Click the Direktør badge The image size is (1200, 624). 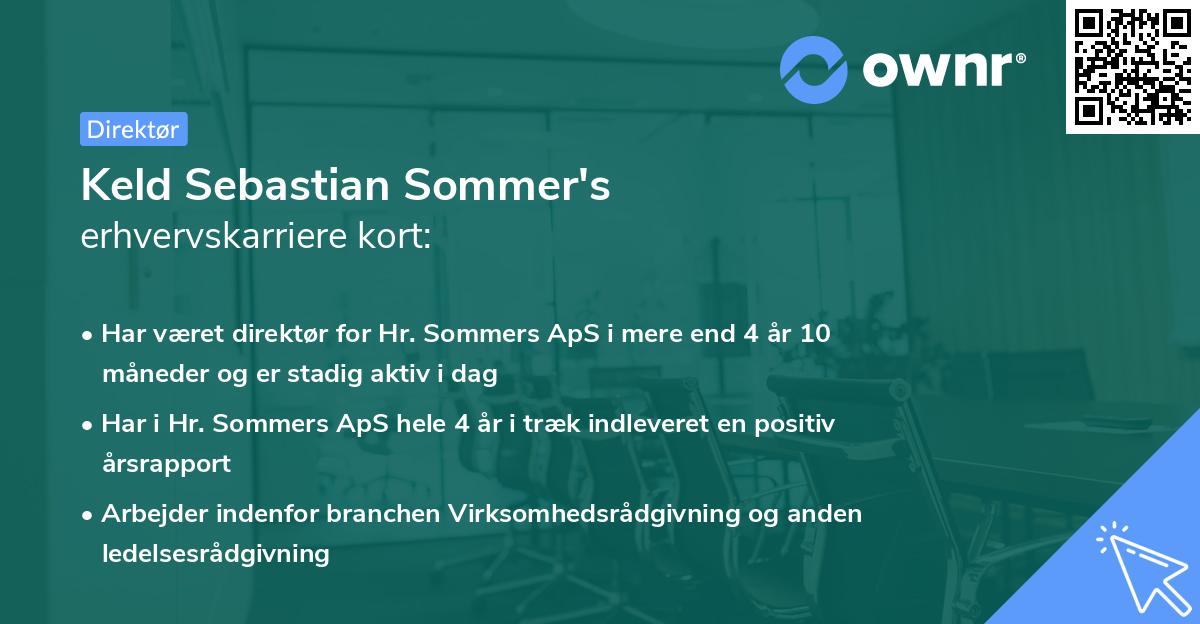pyautogui.click(x=133, y=129)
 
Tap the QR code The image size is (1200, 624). pyautogui.click(x=1132, y=67)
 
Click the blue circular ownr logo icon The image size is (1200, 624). pyautogui.click(x=815, y=69)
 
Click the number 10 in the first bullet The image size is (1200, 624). pyautogui.click(x=815, y=334)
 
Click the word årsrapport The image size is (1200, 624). pyautogui.click(x=166, y=464)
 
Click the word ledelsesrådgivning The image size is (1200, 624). pyautogui.click(x=215, y=554)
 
